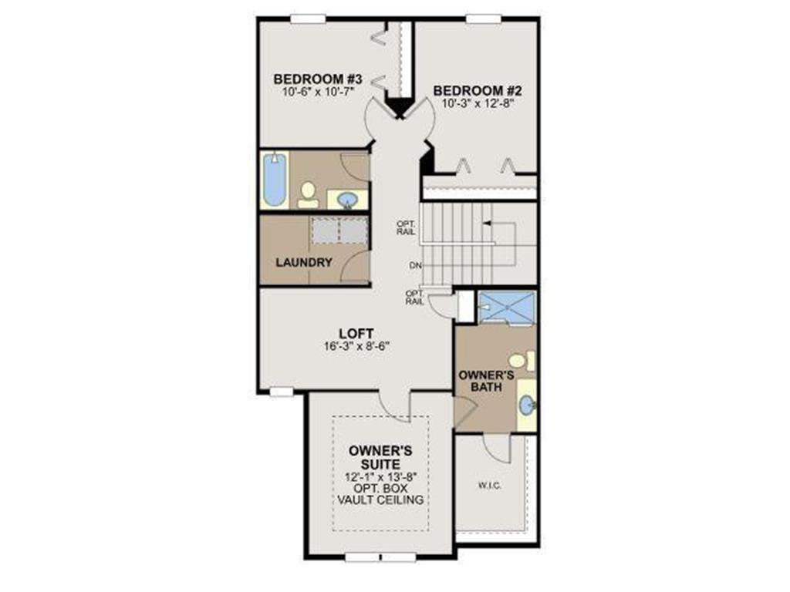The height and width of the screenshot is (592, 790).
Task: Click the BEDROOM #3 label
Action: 319,79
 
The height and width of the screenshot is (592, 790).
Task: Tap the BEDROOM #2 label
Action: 478,90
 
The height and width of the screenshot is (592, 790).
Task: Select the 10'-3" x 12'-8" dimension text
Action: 478,103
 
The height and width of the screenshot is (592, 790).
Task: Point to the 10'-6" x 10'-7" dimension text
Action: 319,91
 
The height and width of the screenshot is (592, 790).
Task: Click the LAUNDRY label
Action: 304,262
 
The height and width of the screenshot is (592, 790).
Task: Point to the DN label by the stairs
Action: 416,266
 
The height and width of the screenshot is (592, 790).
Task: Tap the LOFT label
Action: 355,333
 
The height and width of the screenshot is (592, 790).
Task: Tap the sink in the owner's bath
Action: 526,405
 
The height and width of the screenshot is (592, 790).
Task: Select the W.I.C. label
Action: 490,486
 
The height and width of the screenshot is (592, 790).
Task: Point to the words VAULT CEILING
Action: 380,499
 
